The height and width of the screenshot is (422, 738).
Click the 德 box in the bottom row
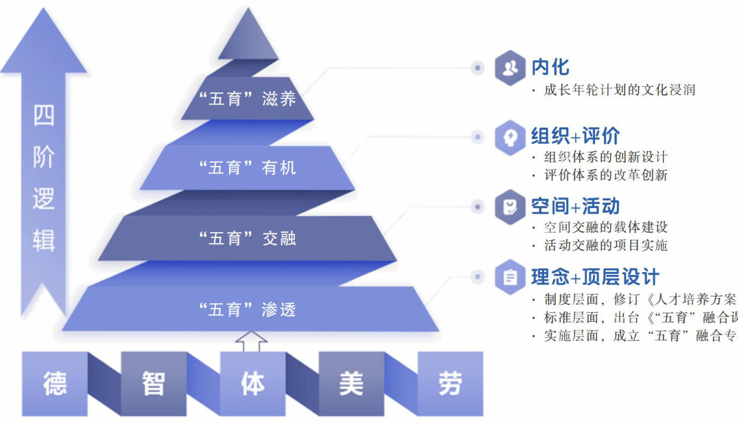pos(55,383)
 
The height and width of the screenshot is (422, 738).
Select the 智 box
pos(154,383)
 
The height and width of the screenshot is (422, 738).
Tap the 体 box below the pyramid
pos(253,383)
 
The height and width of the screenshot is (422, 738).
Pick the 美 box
pos(351,383)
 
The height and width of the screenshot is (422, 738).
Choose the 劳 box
pos(450,383)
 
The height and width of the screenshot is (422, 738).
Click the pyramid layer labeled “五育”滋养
pos(247,98)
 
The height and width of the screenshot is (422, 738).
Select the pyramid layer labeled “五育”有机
pos(247,168)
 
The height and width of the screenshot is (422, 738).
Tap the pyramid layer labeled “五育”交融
pos(247,238)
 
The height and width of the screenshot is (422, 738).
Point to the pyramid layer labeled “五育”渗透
pos(247,310)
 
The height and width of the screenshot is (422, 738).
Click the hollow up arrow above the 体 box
pos(251,341)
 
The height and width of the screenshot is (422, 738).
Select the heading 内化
pos(550,67)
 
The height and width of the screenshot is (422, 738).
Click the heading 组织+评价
pos(575,136)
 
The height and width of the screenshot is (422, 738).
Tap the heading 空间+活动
pos(575,206)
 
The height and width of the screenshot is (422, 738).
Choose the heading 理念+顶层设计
pos(595,277)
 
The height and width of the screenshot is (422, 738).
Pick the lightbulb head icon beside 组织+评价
pos(510,137)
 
